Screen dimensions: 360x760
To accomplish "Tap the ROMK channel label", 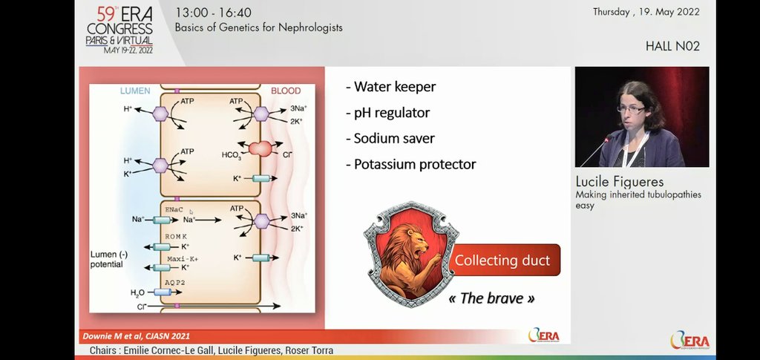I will (176, 236).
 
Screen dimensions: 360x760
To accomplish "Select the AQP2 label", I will (175, 283).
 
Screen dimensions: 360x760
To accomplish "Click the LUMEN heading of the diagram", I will (135, 91).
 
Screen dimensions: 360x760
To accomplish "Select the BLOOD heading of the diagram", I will (286, 91).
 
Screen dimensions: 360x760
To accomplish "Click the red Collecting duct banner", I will (502, 260).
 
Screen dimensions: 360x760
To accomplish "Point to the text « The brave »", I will (492, 298).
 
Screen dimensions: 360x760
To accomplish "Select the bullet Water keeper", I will (390, 87).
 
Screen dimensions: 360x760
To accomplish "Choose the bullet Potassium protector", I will (410, 164).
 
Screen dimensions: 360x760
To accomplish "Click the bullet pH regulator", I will (387, 113).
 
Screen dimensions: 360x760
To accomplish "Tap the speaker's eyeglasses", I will (632, 108).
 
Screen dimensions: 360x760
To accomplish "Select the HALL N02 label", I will (672, 46).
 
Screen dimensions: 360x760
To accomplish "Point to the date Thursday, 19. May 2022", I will (646, 12).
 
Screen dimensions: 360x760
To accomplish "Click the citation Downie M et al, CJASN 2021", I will (131, 336).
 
